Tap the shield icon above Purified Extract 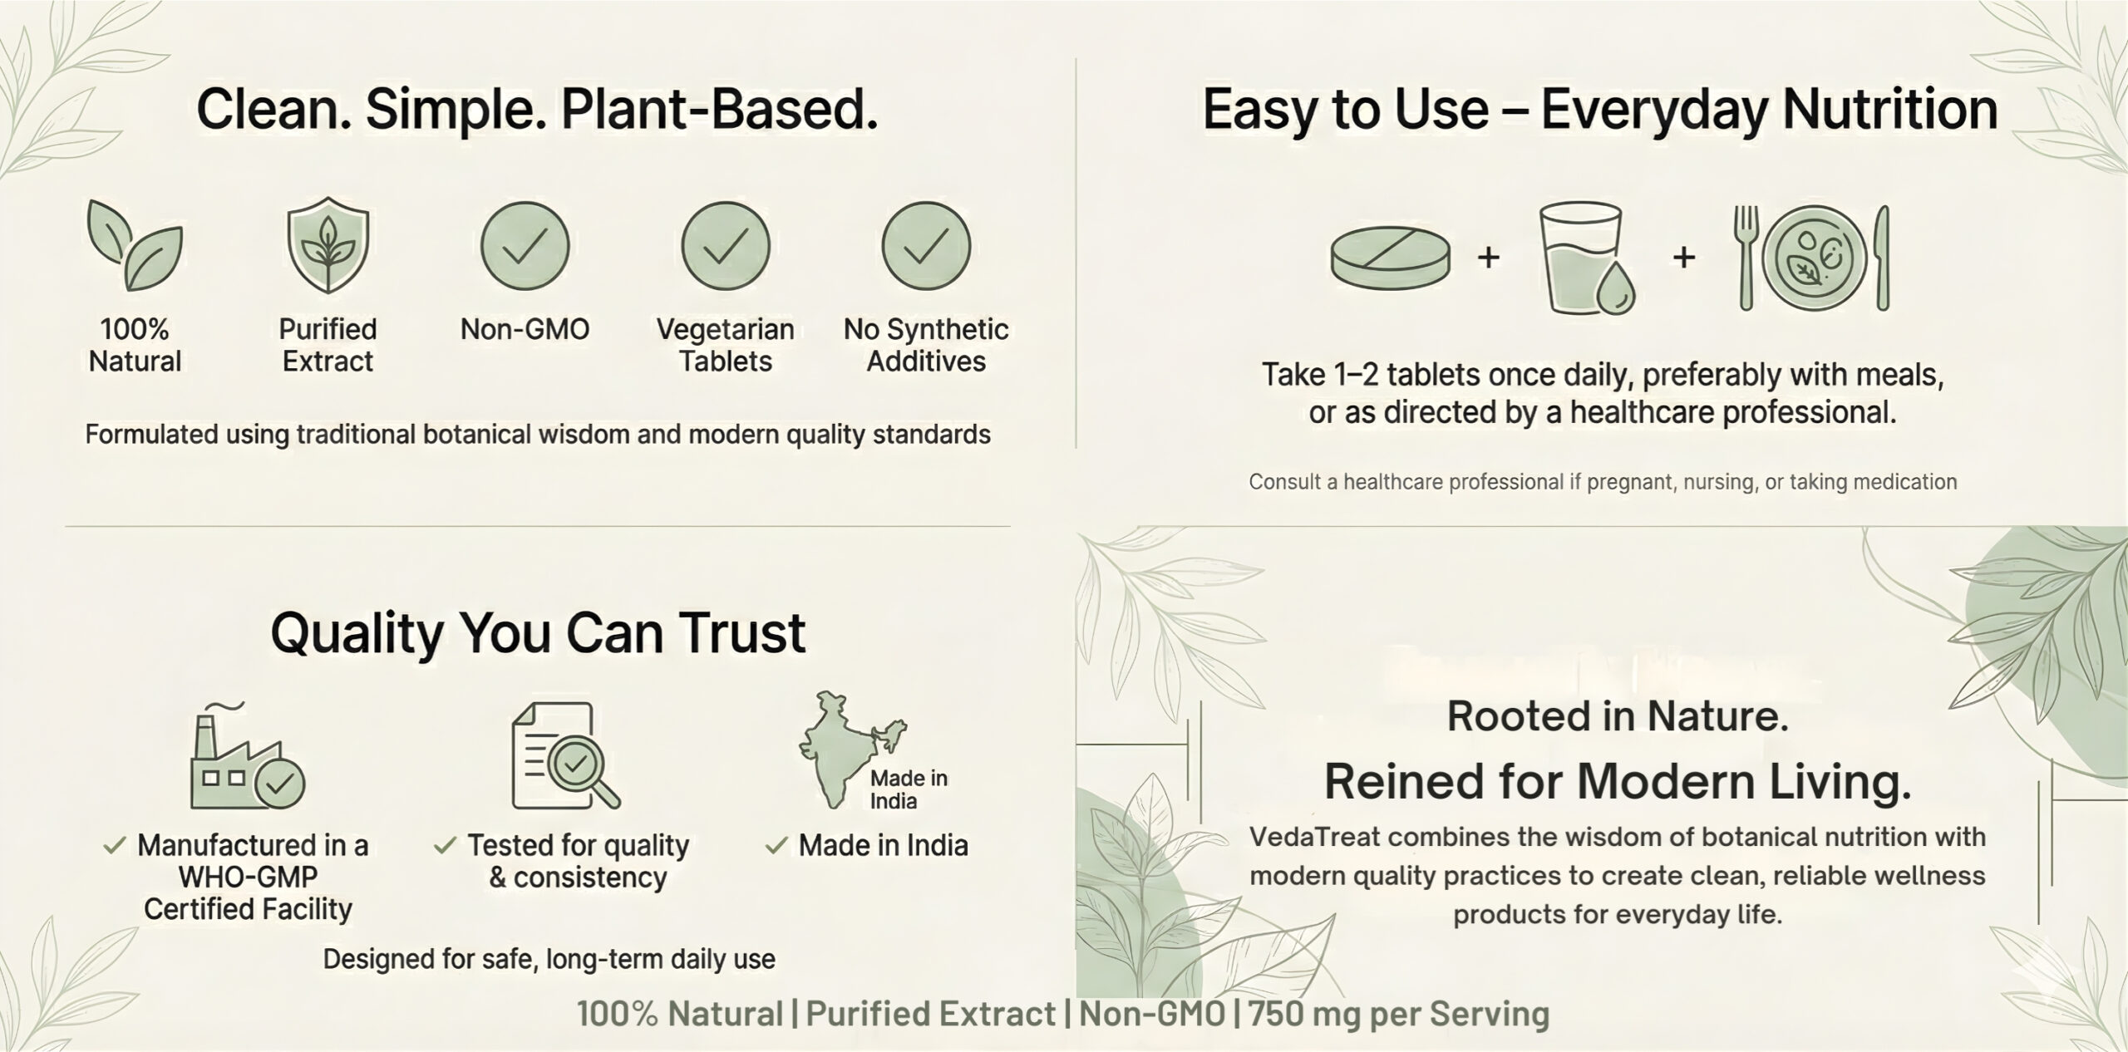pyautogui.click(x=328, y=245)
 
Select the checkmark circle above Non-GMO pyautogui.click(x=525, y=246)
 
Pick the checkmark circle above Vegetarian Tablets pyautogui.click(x=726, y=246)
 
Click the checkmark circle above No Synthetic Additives pyautogui.click(x=926, y=246)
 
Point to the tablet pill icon pyautogui.click(x=1391, y=258)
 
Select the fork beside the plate pyautogui.click(x=1746, y=258)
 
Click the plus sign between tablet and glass pyautogui.click(x=1489, y=257)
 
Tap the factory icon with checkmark pyautogui.click(x=247, y=756)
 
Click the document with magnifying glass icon pyautogui.click(x=565, y=755)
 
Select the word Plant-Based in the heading pyautogui.click(x=720, y=110)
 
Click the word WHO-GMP pyautogui.click(x=248, y=877)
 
